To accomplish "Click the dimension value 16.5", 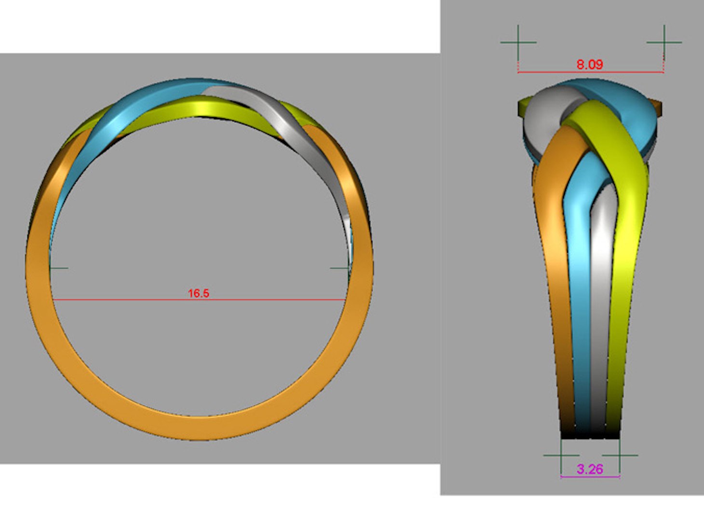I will coord(198,293).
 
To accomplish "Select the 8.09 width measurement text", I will coord(589,64).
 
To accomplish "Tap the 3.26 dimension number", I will coord(590,469).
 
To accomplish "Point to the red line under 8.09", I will coord(590,72).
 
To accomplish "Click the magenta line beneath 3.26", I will coord(590,477).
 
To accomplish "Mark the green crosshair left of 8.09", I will coord(518,42).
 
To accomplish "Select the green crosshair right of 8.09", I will coord(664,42).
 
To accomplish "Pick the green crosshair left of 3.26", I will coord(561,455).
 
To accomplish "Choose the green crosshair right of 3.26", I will coord(620,455).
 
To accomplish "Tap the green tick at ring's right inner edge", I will coord(339,268).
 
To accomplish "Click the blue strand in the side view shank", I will coord(581,289).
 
